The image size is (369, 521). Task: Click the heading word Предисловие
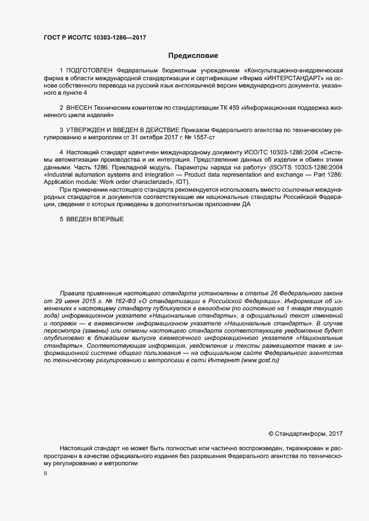pyautogui.click(x=193, y=56)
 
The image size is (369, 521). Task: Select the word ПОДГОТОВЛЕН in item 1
pyautogui.click(x=89, y=71)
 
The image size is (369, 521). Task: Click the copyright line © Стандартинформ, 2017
pyautogui.click(x=305, y=434)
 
